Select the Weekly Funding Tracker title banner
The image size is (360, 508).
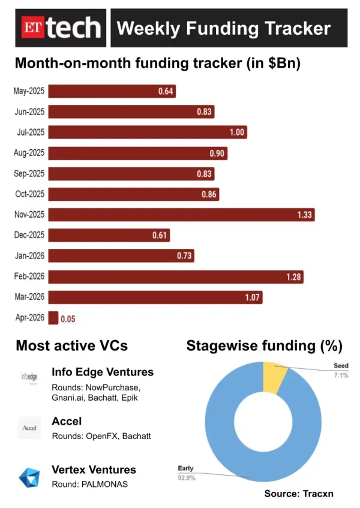[x=229, y=28]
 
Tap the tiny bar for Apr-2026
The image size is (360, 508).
[x=53, y=318]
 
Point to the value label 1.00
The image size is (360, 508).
[x=236, y=133]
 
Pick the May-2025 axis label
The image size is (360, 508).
[x=29, y=91]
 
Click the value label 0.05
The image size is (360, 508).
[x=67, y=318]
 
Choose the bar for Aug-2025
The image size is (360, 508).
[x=137, y=153]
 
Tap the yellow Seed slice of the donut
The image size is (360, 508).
[x=275, y=377]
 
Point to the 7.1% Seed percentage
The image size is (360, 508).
[x=340, y=374]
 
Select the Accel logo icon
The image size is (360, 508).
[x=29, y=428]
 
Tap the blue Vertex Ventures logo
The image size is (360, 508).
[x=29, y=477]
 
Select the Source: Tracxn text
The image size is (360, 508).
[x=298, y=494]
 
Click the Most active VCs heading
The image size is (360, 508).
[x=71, y=346]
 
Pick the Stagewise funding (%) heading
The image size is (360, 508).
[x=264, y=346]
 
